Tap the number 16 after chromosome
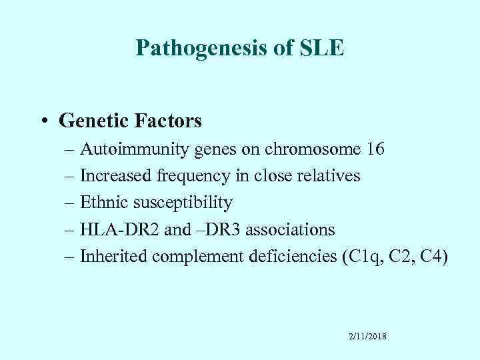click(375, 149)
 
